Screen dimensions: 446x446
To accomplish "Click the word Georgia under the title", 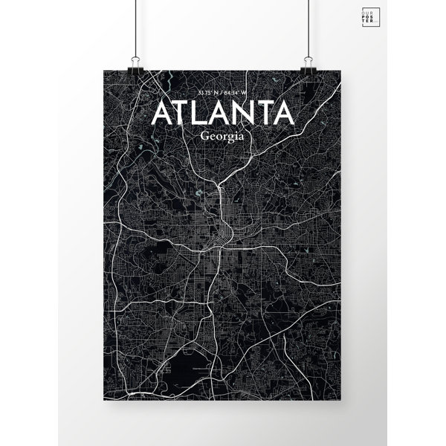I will [x=222, y=137].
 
